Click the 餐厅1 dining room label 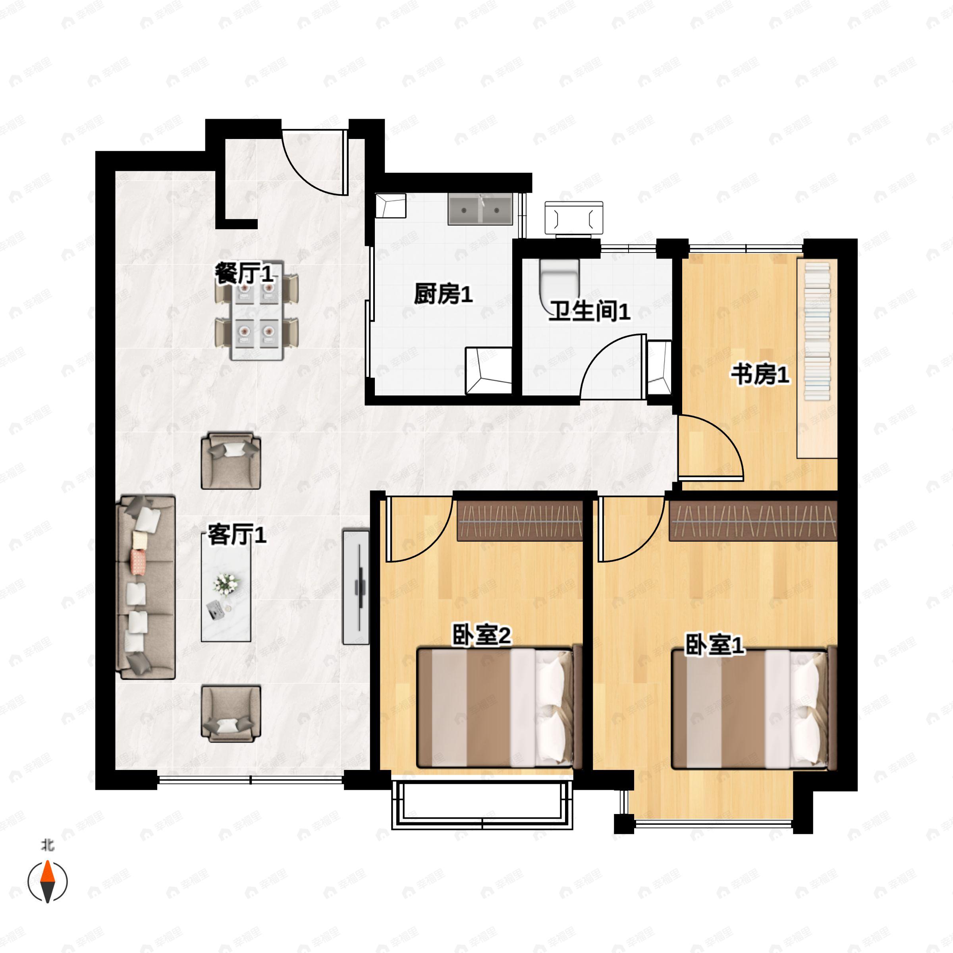click(x=244, y=273)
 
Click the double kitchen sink click(x=480, y=209)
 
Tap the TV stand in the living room click(x=356, y=587)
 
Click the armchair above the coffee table click(x=231, y=461)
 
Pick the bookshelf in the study click(x=817, y=358)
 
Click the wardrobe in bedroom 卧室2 click(x=521, y=521)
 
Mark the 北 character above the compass click(x=47, y=845)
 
